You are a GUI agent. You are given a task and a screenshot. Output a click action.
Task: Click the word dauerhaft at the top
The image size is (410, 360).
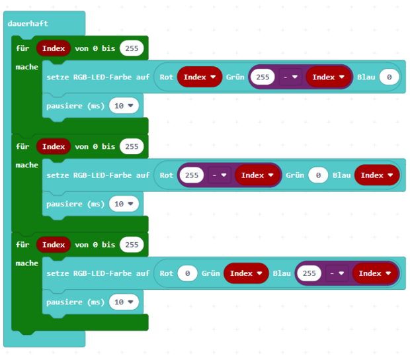(28, 24)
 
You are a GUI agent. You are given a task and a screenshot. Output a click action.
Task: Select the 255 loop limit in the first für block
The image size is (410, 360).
(132, 48)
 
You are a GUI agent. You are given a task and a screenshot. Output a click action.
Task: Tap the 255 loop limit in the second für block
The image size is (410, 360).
(132, 146)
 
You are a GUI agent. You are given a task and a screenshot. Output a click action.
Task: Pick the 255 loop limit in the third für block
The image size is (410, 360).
(132, 245)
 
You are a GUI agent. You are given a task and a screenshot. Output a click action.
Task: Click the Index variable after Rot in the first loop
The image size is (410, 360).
(200, 77)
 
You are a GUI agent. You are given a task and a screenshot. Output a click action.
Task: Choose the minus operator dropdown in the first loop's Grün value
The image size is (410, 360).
(290, 77)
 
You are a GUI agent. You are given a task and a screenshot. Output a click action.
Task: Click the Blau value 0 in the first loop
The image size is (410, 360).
(389, 77)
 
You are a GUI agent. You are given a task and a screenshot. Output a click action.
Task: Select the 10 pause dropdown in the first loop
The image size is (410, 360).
(124, 106)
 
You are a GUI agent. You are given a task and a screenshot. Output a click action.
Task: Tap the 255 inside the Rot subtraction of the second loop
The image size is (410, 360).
(192, 175)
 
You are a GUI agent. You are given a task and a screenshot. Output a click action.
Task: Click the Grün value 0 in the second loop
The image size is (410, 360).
(318, 175)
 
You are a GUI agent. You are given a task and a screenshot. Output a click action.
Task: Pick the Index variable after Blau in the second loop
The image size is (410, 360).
(377, 175)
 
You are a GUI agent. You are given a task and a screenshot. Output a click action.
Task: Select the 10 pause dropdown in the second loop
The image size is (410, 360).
(124, 204)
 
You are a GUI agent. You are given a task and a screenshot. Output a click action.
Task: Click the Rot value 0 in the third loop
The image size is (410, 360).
(188, 273)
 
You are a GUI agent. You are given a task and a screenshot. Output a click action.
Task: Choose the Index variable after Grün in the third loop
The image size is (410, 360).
(246, 273)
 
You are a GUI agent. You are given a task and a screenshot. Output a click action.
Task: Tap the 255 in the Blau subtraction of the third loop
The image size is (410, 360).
(309, 273)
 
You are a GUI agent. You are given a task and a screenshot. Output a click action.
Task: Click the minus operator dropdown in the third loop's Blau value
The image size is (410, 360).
(337, 273)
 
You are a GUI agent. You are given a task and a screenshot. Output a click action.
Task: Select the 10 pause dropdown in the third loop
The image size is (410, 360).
(124, 302)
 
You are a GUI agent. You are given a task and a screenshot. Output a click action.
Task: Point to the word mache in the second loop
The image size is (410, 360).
(27, 165)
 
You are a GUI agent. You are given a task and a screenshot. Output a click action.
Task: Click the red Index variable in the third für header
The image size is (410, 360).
(54, 245)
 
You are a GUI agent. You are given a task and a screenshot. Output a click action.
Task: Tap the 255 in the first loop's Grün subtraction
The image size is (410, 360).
(263, 77)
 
